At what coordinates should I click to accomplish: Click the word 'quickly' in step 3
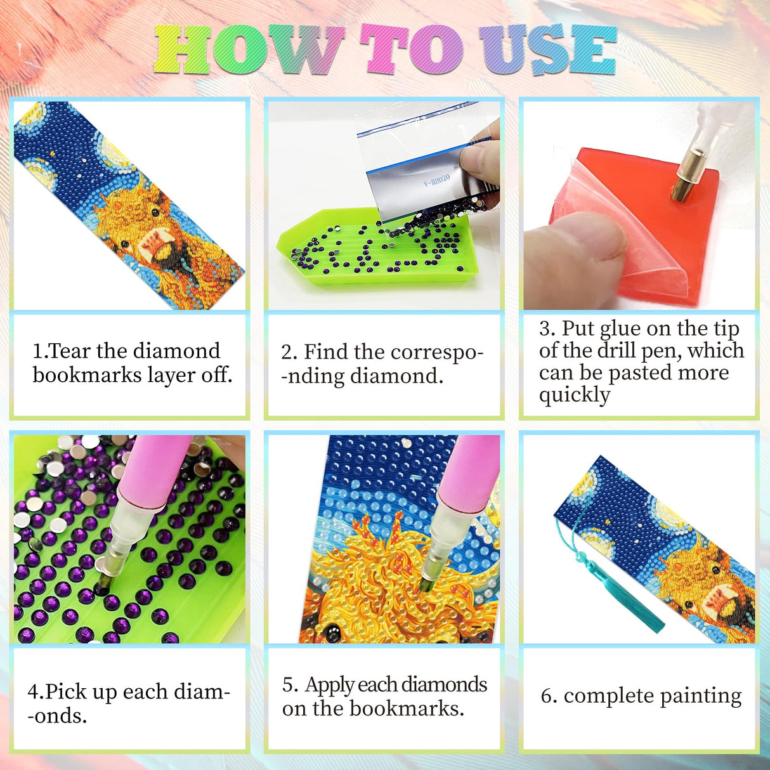575,395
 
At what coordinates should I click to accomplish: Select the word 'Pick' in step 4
66,691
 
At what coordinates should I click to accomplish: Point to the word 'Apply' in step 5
329,685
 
